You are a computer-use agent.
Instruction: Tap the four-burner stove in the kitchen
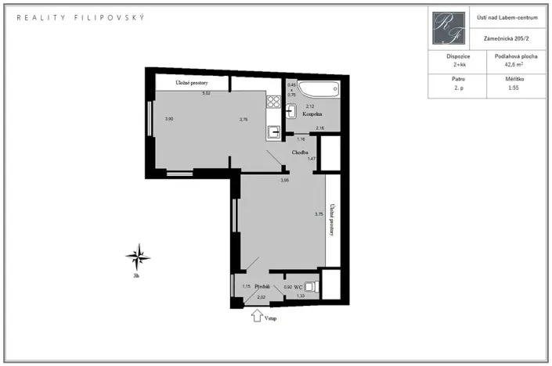[x=273, y=101]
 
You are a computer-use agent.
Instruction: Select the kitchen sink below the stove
[x=273, y=131]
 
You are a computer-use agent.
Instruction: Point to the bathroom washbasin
[x=291, y=111]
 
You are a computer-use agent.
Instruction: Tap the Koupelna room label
[x=312, y=114]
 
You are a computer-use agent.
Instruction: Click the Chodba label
[x=300, y=152]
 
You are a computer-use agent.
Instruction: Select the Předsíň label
[x=262, y=288]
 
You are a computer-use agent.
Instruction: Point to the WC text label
[x=298, y=288]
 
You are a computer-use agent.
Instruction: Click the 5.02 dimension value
[x=207, y=94]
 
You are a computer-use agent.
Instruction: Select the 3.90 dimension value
[x=168, y=119]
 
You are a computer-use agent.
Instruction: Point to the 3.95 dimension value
[x=285, y=181]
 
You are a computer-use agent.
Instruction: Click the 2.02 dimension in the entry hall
[x=262, y=297]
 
